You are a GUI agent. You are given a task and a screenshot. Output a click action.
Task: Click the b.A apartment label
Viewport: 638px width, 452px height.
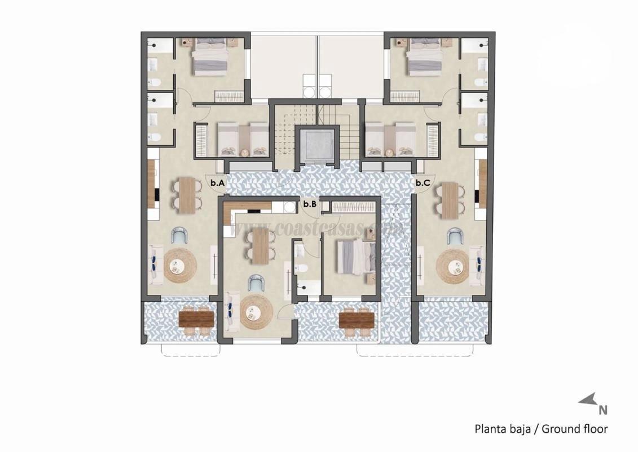(218, 183)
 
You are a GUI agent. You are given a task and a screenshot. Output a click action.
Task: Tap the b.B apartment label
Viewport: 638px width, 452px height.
(309, 204)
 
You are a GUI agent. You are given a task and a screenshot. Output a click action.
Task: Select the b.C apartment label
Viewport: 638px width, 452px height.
(423, 182)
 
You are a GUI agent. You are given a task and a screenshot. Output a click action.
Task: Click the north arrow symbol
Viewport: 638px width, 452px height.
(587, 400)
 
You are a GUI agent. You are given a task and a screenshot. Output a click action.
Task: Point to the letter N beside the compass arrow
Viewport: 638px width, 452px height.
(602, 410)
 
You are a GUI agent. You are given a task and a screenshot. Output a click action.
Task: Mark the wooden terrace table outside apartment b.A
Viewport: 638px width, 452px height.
(196, 320)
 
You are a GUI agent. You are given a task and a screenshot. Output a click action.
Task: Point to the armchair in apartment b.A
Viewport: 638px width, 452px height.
(180, 236)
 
